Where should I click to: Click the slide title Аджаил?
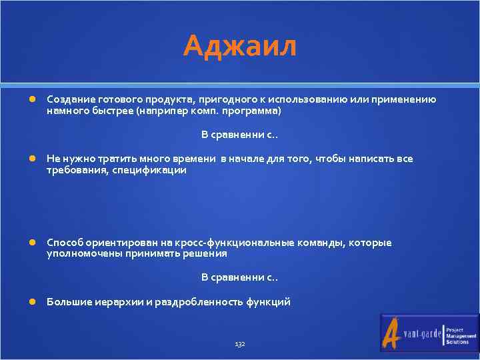(240, 47)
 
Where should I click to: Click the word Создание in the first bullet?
(67, 99)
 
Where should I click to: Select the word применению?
(407, 99)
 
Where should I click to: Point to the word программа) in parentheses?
(256, 110)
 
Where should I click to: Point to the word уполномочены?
(78, 253)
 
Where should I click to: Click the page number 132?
(240, 344)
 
